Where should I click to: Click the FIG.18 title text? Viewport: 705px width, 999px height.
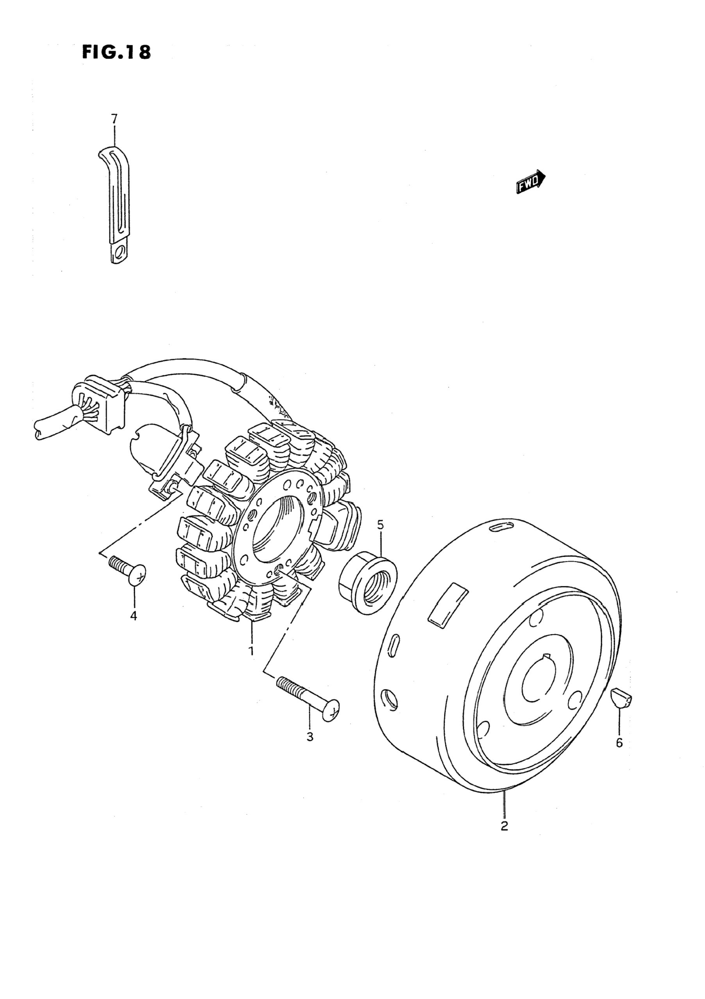pyautogui.click(x=117, y=52)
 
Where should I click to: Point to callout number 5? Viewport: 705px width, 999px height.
pyautogui.click(x=380, y=525)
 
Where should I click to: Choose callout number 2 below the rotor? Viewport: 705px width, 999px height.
pyautogui.click(x=504, y=825)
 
